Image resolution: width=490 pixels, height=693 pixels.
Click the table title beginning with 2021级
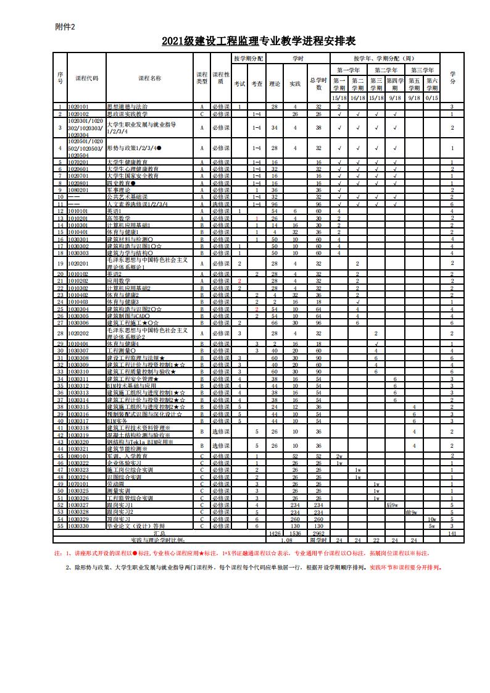(259, 41)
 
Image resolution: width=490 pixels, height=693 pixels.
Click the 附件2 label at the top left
(64, 27)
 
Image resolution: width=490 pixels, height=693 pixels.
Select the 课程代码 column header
(86, 78)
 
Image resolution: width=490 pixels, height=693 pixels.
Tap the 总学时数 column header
(318, 83)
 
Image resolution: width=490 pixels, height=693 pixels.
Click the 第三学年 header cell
(423, 70)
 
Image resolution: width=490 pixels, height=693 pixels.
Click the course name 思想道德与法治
(127, 107)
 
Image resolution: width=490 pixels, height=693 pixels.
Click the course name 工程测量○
(122, 351)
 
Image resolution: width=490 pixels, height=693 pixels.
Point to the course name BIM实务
(117, 421)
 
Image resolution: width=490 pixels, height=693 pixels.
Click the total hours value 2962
(318, 532)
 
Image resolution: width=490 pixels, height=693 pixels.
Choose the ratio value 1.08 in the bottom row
(286, 539)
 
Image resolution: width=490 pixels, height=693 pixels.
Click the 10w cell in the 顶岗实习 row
(432, 519)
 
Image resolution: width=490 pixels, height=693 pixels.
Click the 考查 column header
(257, 83)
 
